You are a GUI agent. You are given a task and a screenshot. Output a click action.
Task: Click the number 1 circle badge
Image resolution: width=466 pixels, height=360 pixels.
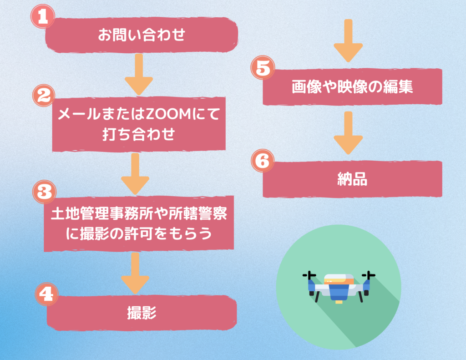click(x=42, y=17)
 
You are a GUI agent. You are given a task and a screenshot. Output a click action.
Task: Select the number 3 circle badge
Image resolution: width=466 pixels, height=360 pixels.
click(x=45, y=192)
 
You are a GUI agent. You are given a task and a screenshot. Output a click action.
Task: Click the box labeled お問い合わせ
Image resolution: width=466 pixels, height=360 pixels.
click(x=142, y=35)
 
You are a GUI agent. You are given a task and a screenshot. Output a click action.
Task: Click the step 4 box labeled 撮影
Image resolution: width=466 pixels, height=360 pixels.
click(x=142, y=313)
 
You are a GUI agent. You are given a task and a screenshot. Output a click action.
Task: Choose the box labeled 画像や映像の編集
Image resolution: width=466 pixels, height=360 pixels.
click(x=352, y=87)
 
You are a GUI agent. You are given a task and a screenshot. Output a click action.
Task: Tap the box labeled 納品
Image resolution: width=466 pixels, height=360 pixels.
click(x=352, y=179)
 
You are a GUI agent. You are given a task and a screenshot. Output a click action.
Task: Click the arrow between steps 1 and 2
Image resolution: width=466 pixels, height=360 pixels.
click(x=139, y=73)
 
